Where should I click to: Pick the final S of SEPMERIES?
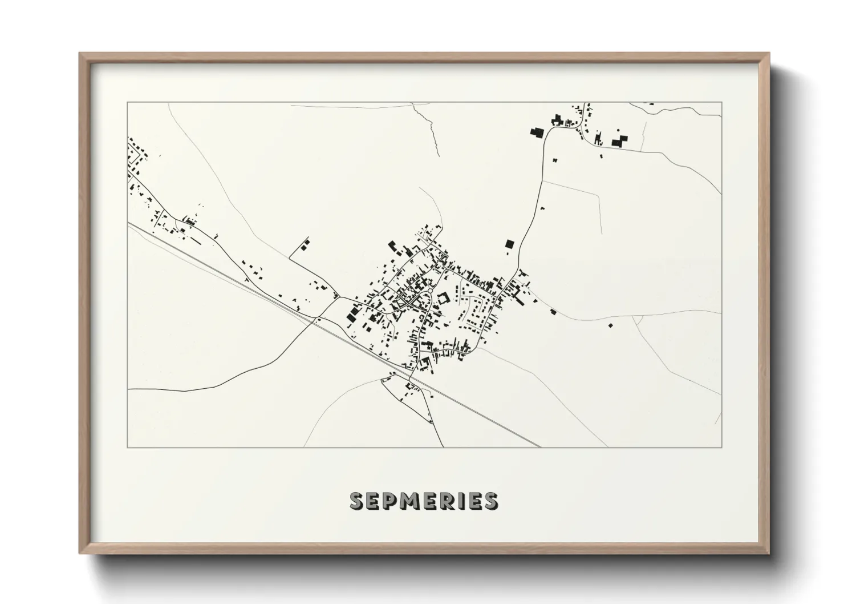(x=490, y=501)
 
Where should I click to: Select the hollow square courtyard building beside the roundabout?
(x=443, y=298)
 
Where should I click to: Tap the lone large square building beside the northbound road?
(x=509, y=244)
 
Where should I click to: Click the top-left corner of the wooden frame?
(x=80, y=54)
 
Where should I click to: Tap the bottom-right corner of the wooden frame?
(x=769, y=553)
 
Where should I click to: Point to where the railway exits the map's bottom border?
(x=539, y=447)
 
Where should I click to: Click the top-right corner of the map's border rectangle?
(x=721, y=103)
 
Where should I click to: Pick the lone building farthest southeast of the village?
(x=611, y=325)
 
